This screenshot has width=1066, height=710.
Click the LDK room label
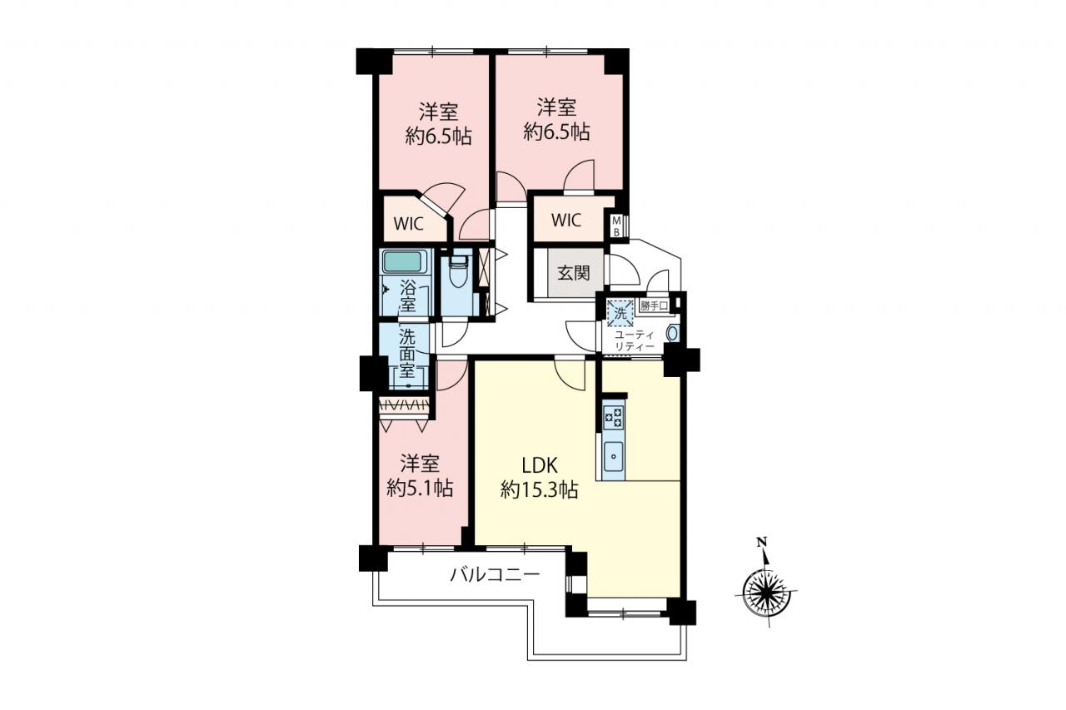pos(540,465)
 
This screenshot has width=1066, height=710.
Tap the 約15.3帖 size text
pos(539,489)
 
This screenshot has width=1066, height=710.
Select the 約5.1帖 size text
pos(420,488)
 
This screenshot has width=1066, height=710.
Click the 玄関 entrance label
pos(574,273)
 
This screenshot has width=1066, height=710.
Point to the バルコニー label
pos(495,575)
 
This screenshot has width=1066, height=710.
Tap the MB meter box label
pos(616,226)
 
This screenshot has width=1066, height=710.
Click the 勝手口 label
pos(655,305)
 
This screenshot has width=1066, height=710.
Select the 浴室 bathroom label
pos(408,295)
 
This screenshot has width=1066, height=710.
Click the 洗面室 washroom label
pos(407,354)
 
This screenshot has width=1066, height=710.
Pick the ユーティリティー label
pos(635,340)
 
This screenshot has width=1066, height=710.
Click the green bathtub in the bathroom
pos(403,261)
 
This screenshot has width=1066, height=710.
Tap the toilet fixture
pos(459,275)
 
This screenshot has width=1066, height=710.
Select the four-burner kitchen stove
pos(614,417)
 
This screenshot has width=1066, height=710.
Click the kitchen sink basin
pos(614,456)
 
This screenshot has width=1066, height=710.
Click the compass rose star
pos(767,593)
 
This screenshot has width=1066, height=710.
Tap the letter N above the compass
pos(762,541)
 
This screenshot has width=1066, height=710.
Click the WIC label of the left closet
pos(409,224)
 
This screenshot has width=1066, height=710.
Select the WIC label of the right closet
pos(566,221)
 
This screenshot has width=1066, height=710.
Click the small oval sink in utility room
pos(672,333)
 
